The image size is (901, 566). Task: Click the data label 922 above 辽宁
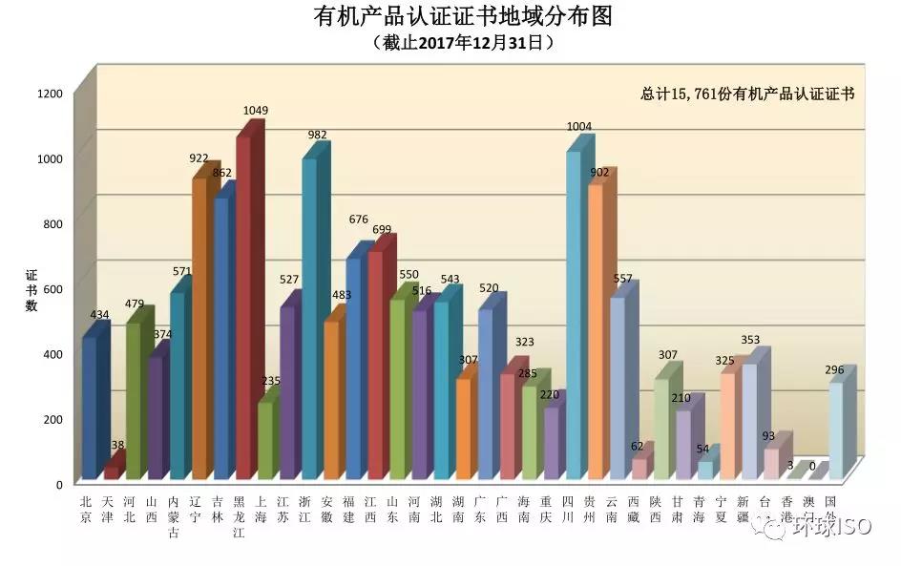click(x=200, y=157)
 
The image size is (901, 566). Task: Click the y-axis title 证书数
click(x=31, y=289)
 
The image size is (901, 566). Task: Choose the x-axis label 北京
click(x=87, y=510)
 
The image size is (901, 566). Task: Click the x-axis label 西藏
click(x=634, y=510)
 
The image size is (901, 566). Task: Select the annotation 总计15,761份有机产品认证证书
click(x=746, y=94)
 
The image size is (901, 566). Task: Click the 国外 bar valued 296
click(x=836, y=430)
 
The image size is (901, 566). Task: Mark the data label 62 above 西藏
click(x=638, y=446)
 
